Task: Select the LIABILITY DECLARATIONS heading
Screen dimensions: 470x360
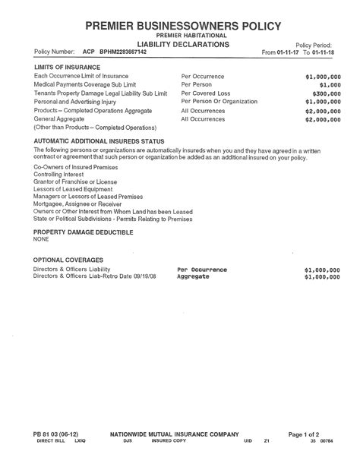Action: point(182,45)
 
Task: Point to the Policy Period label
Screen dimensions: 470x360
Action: point(314,46)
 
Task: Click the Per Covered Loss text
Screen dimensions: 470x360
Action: point(205,93)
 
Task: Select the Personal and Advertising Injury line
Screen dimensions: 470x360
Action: point(74,101)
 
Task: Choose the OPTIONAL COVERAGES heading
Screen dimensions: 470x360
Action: point(68,260)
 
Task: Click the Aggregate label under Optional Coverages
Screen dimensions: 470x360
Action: point(194,276)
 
